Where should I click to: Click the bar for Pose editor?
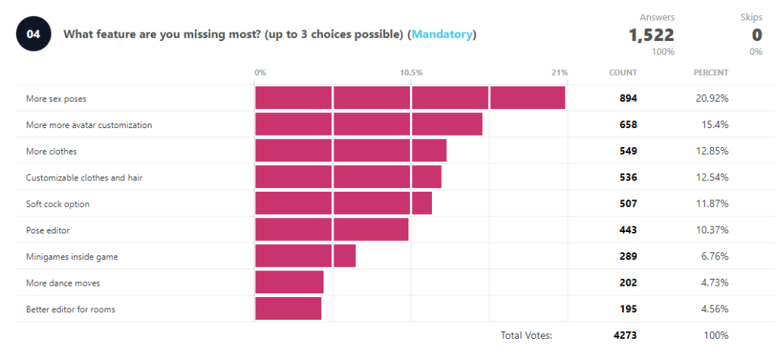coord(332,230)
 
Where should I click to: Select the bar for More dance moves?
coord(289,283)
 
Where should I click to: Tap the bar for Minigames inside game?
coord(305,256)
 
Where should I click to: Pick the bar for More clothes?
coord(351,151)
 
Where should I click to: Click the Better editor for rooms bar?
coord(288,308)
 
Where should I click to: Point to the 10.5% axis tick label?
coord(411,73)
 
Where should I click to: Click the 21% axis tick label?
coord(559,73)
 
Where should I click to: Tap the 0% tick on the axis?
coord(260,73)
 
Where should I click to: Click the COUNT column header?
coord(623,73)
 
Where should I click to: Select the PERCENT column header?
coord(711,73)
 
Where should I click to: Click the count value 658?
coord(628,124)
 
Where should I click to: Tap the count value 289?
coord(628,256)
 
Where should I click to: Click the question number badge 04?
coord(33,34)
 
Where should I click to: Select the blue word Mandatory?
coord(442,34)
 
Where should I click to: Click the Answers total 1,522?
coord(651,35)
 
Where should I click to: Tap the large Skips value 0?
coord(756,35)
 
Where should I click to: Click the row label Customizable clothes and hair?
coord(84,177)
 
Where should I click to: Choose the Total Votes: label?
coord(526,335)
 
